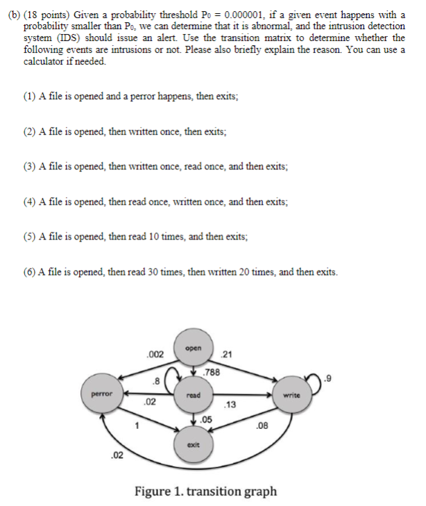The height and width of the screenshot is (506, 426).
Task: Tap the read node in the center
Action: (194, 396)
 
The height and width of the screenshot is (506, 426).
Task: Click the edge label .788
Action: (212, 373)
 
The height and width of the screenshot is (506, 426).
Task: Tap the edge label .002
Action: (155, 355)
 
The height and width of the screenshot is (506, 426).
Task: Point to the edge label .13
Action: (231, 405)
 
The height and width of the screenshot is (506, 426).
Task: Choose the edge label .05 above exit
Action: (206, 419)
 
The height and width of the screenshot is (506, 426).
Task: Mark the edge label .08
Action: (262, 425)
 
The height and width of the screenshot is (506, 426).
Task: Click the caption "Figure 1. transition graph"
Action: (205, 491)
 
